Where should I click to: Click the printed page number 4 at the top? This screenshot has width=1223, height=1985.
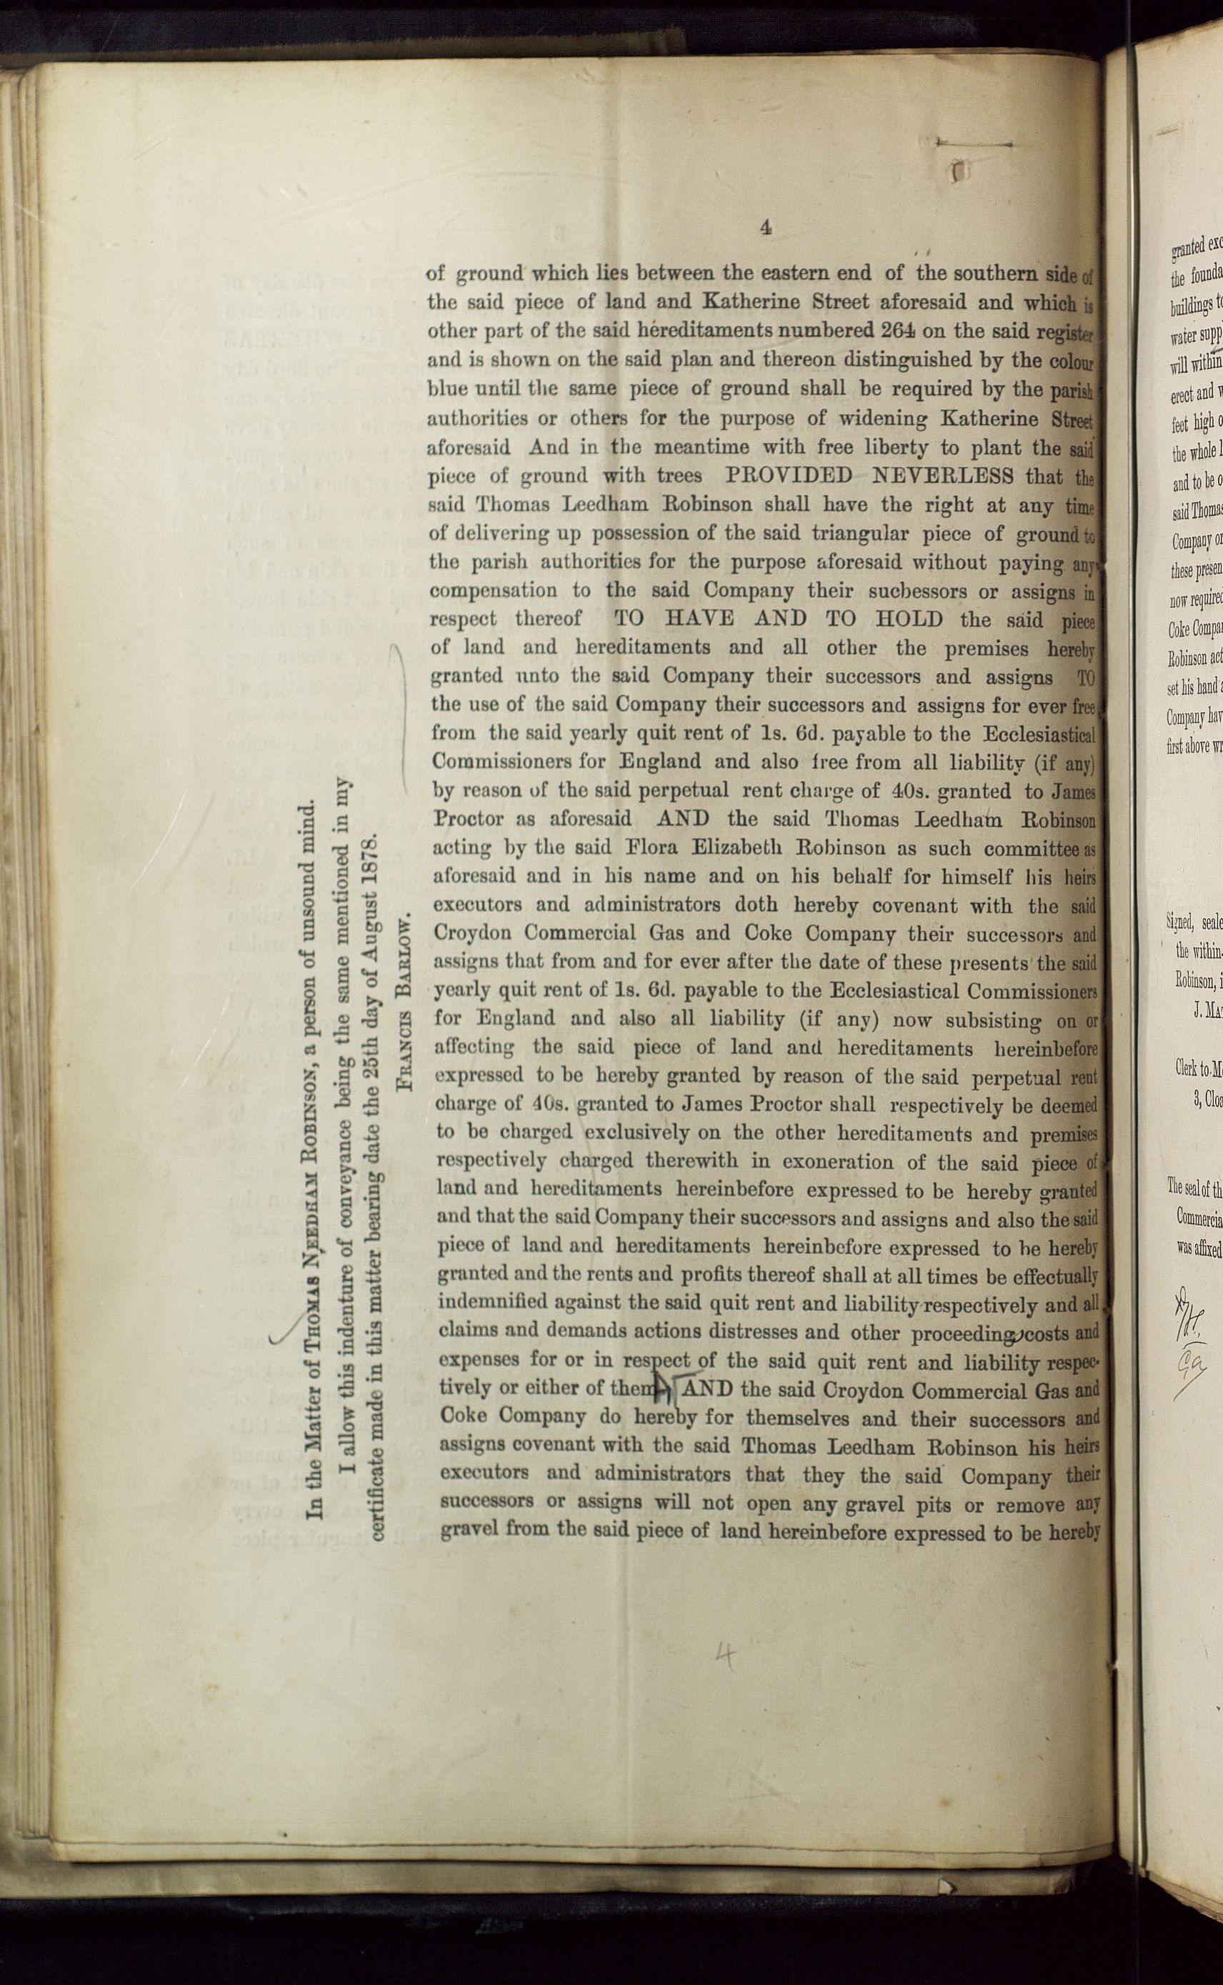click(x=765, y=228)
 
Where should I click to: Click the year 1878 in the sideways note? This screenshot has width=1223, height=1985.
click(x=374, y=835)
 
